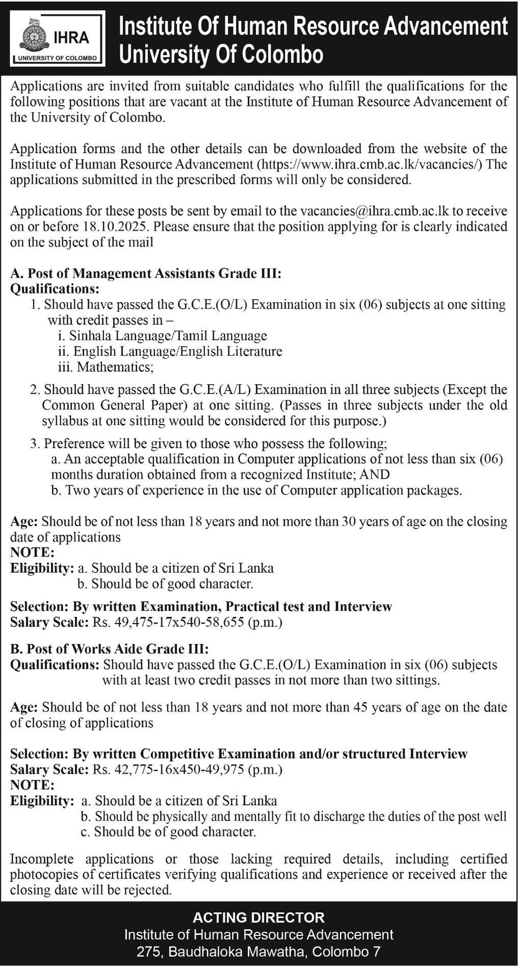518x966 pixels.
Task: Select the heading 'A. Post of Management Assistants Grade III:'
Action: click(146, 273)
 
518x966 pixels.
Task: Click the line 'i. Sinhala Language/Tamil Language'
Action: click(162, 336)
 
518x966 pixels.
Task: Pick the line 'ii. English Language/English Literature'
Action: click(170, 352)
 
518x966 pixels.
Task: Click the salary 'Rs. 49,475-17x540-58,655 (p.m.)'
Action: click(188, 623)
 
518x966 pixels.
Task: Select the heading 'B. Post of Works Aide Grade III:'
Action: click(109, 649)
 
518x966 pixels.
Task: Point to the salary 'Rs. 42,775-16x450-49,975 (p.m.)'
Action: click(188, 770)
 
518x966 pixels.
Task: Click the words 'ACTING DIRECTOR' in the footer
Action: click(258, 918)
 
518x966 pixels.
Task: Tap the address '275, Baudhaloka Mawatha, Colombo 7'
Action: click(258, 952)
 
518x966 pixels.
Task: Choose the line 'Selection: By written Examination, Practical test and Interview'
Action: click(201, 606)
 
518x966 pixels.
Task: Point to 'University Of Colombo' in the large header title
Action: click(221, 55)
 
